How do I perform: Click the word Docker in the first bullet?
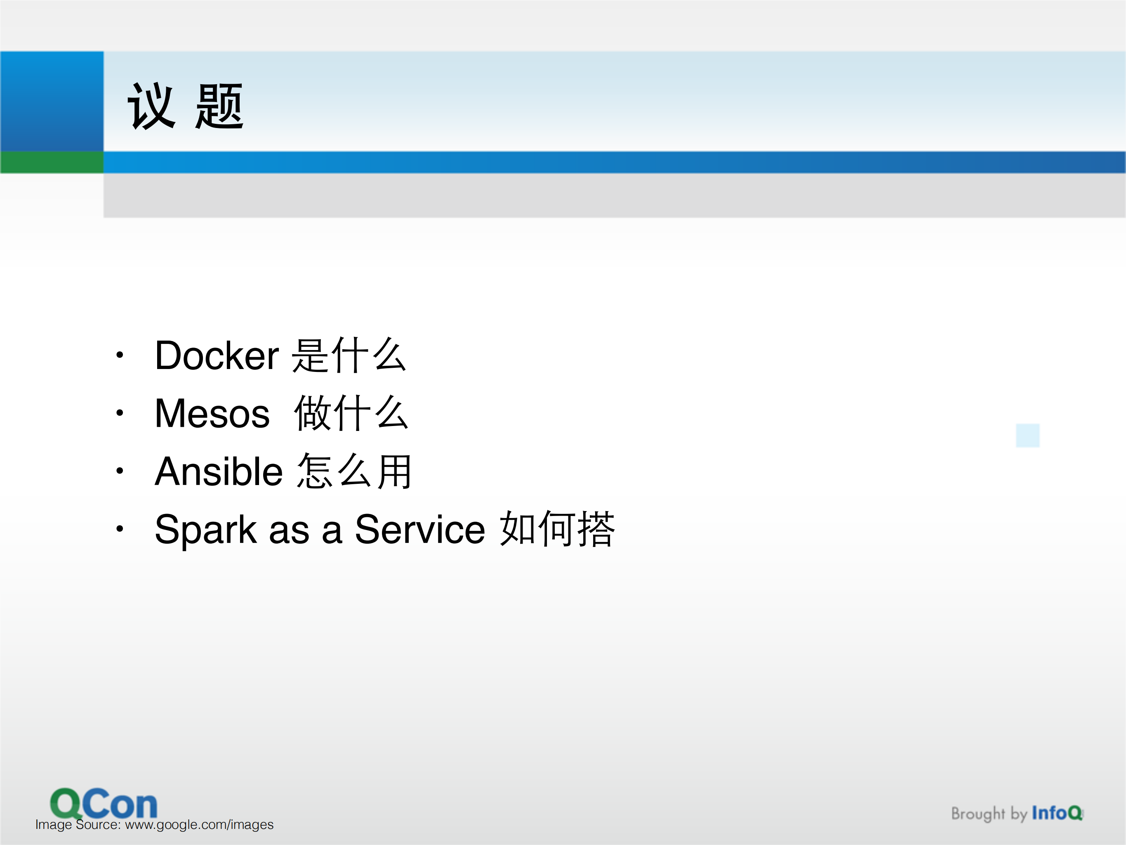pos(217,355)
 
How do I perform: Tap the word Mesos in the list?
pos(212,414)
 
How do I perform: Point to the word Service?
pos(419,530)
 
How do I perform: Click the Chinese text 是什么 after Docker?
pos(349,355)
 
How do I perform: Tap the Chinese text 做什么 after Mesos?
pos(351,414)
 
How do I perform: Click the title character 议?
pos(151,107)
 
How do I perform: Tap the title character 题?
pos(219,107)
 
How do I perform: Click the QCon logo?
pos(104,803)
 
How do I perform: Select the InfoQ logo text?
pos(1057,813)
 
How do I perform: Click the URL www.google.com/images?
pos(199,825)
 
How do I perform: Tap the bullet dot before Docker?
pos(120,355)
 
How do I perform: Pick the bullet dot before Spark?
pos(120,529)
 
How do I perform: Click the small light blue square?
pos(1027,436)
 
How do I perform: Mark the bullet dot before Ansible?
pos(120,471)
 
